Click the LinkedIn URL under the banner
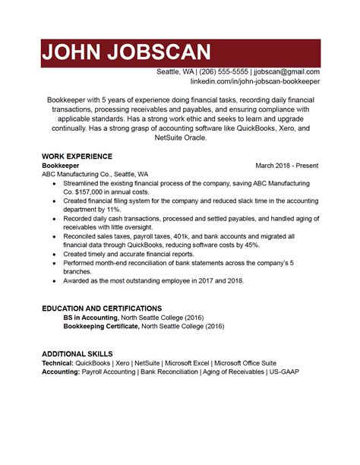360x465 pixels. [254, 81]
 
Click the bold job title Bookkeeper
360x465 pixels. [61, 165]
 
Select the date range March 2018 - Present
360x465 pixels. [287, 165]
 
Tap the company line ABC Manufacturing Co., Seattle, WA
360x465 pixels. [95, 174]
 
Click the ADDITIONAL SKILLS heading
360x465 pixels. [77, 354]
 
